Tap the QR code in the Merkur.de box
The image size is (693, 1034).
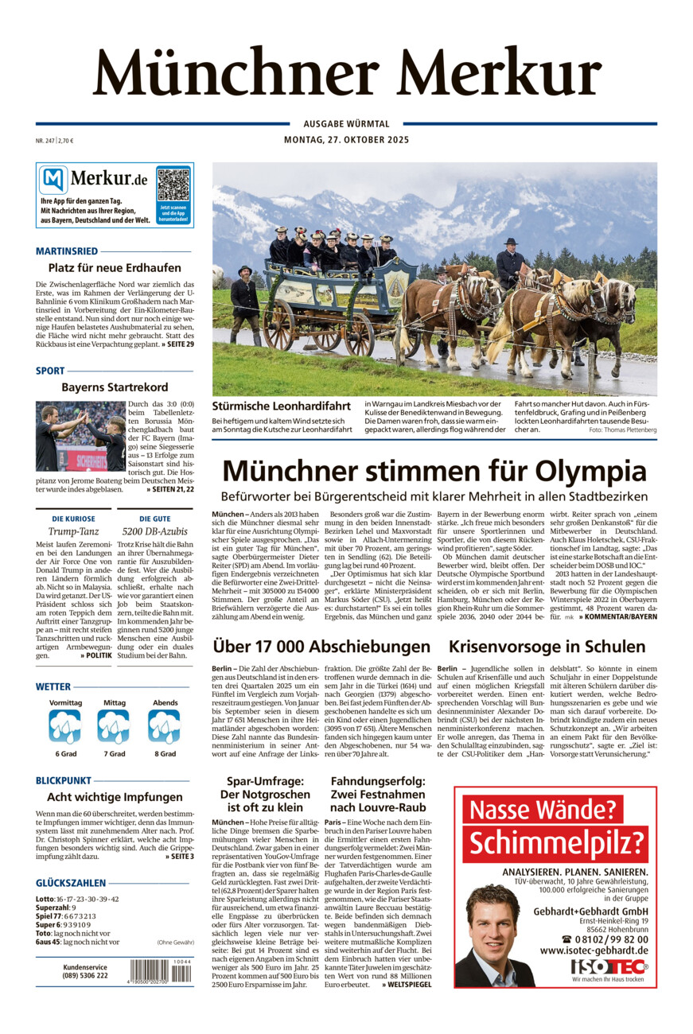[x=173, y=185]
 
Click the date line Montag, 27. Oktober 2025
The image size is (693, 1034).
[x=346, y=140]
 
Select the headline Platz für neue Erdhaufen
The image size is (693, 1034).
[x=115, y=268]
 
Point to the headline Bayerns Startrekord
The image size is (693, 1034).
[x=115, y=387]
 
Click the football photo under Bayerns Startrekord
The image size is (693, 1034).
[x=80, y=437]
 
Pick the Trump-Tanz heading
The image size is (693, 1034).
[x=73, y=531]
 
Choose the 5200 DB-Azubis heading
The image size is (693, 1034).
[x=155, y=531]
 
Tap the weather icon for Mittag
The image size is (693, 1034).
[x=114, y=727]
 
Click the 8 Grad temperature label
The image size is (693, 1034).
[x=165, y=753]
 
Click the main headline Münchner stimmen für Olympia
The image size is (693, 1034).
[x=434, y=470]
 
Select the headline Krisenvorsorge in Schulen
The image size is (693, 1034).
[x=547, y=647]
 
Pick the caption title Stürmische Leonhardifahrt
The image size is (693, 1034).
[x=281, y=406]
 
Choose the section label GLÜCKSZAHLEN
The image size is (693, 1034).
[x=71, y=883]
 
